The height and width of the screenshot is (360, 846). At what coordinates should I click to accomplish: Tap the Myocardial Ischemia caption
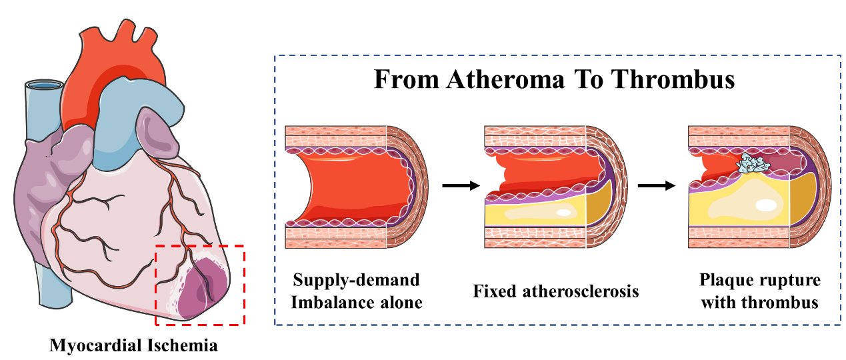133,346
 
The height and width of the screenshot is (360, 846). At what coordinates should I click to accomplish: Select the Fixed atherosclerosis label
556,291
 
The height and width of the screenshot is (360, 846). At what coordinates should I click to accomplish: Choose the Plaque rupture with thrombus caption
759,291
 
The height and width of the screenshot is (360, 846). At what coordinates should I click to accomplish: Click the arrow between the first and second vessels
461,185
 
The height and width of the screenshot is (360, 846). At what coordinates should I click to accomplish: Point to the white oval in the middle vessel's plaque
563,213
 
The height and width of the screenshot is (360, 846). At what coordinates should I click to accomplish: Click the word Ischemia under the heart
185,346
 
